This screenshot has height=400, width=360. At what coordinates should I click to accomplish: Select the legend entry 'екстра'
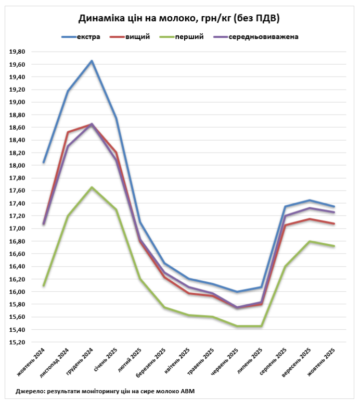(88, 37)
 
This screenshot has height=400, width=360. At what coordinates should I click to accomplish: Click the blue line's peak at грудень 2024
(92, 61)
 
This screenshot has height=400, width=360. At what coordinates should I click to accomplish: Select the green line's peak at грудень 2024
(92, 187)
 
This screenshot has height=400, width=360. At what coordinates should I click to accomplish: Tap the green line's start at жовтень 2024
(44, 285)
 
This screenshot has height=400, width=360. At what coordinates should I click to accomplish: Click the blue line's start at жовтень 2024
(44, 162)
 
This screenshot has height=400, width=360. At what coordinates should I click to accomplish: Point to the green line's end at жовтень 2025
(333, 246)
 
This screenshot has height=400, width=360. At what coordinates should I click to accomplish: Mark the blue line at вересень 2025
(310, 200)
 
